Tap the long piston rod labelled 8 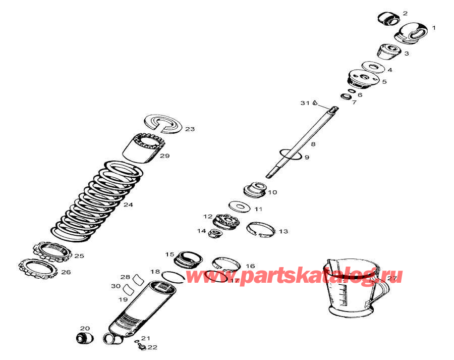click(x=303, y=141)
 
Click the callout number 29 click(x=165, y=156)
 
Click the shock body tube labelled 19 click(x=141, y=308)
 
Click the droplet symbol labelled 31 click(x=314, y=103)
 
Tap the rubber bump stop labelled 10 click(x=254, y=190)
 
